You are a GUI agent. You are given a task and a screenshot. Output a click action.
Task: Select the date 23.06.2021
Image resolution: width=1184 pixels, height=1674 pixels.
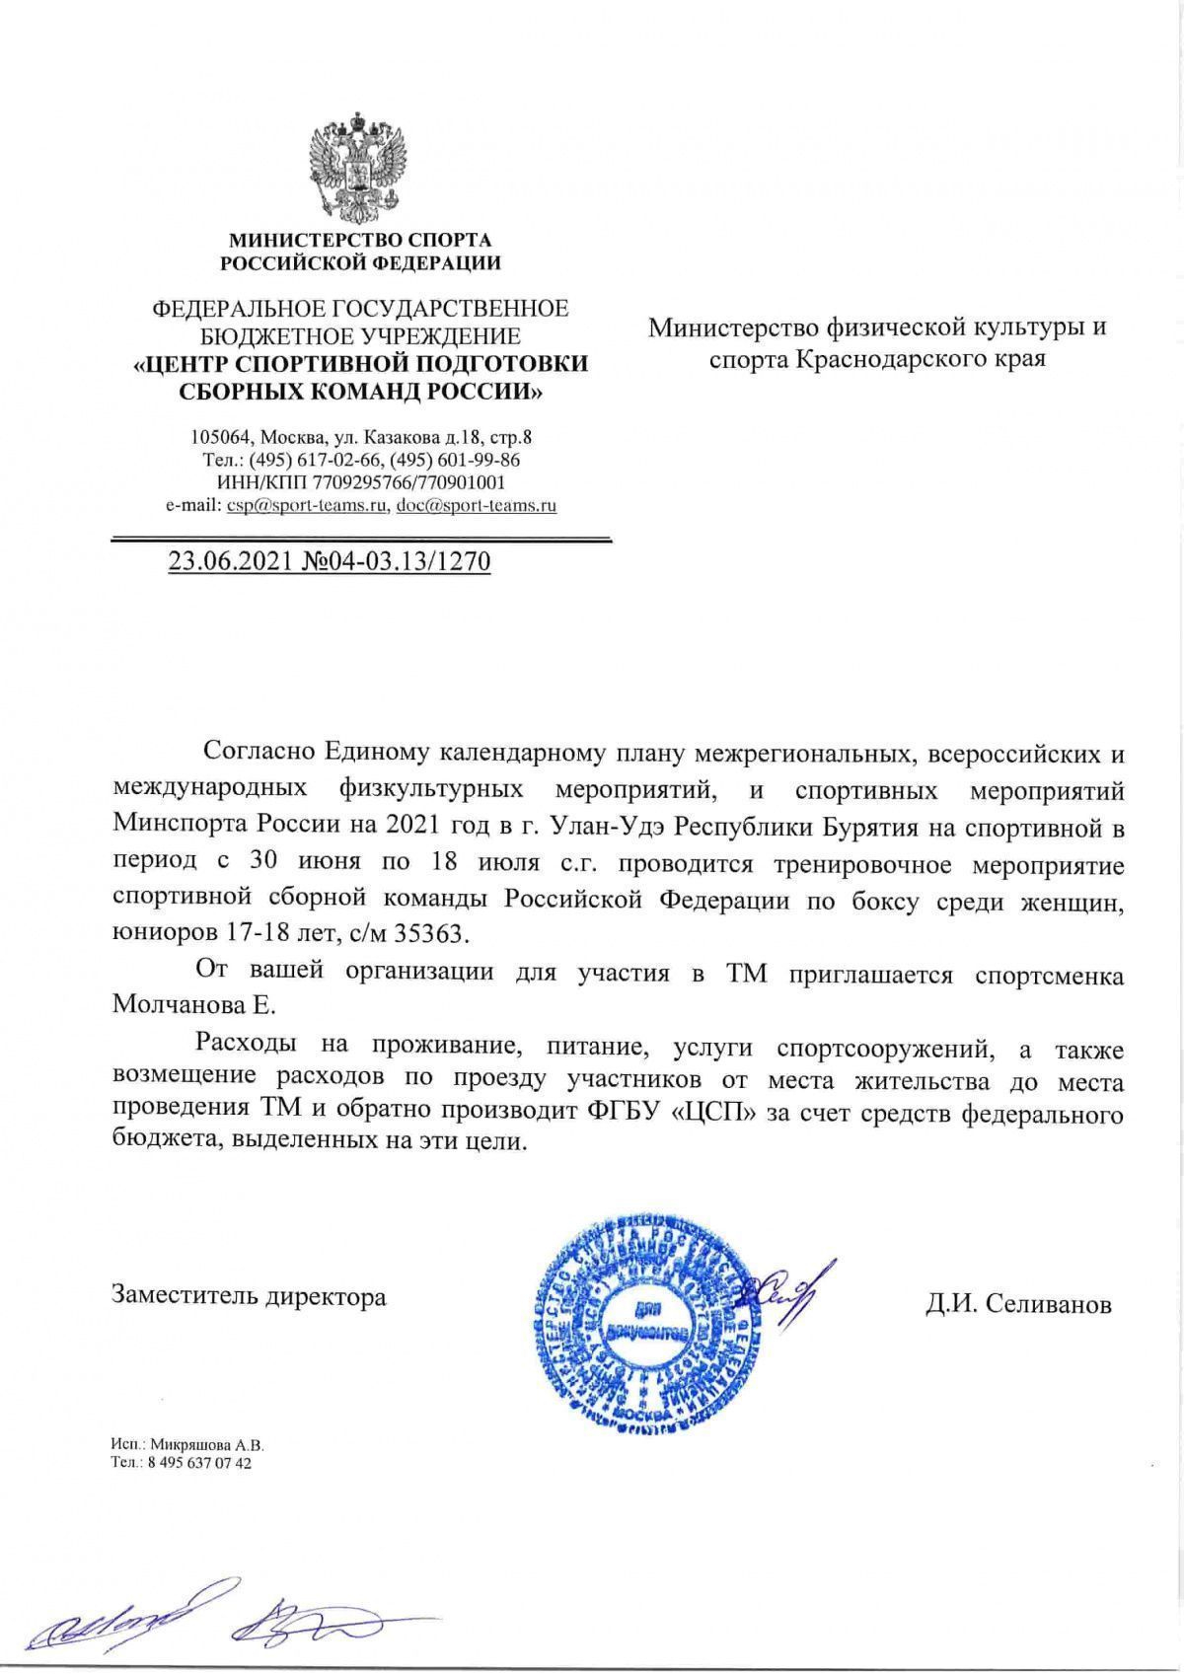tap(227, 562)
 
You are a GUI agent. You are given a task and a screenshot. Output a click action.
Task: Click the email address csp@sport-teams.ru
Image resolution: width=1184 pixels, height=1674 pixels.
tap(307, 506)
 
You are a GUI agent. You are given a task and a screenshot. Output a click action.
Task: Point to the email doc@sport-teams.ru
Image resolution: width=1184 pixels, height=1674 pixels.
tap(477, 506)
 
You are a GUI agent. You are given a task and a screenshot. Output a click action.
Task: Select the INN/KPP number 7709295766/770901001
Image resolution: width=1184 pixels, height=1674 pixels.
tap(408, 483)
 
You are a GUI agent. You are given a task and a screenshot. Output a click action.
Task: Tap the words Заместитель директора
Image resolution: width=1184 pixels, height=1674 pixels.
tap(250, 1295)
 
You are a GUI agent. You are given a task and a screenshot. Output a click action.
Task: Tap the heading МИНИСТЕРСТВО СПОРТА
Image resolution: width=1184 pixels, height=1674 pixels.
tap(360, 240)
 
